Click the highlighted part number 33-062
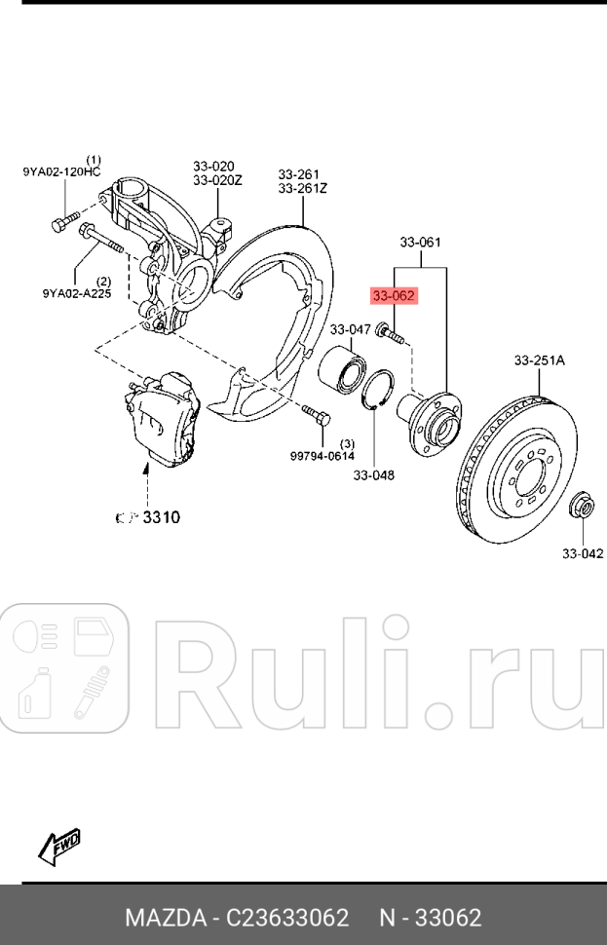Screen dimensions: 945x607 (x=394, y=294)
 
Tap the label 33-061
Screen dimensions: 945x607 (x=420, y=243)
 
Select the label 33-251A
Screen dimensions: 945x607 (x=539, y=360)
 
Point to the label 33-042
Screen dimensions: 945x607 (x=582, y=553)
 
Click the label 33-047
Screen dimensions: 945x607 (x=350, y=329)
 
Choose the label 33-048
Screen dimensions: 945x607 (x=373, y=475)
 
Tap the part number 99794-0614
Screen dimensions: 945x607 (x=322, y=455)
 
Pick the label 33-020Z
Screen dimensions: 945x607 (x=216, y=180)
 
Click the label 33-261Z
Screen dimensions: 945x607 (x=302, y=188)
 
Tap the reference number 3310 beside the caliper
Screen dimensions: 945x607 (x=162, y=517)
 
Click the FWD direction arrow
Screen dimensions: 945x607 (x=59, y=846)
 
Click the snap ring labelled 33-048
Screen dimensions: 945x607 (x=380, y=395)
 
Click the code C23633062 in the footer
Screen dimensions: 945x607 (x=287, y=918)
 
